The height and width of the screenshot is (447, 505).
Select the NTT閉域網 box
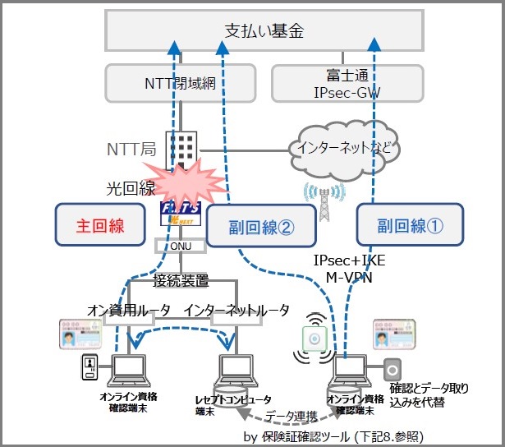179,84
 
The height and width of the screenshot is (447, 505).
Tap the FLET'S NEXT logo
180,216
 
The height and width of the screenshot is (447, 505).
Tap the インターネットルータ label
237,310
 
